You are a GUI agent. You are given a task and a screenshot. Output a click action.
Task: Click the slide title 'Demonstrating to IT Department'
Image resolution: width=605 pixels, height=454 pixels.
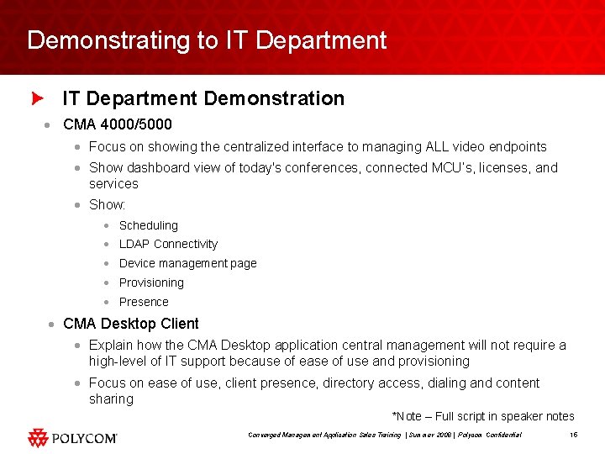[x=207, y=40]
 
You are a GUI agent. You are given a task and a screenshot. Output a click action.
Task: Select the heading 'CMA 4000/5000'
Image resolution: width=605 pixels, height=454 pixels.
[x=117, y=124]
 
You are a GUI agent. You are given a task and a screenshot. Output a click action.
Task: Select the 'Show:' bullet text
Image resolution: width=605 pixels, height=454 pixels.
[x=107, y=205]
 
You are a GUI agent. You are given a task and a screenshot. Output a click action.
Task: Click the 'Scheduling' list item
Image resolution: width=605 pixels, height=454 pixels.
[x=148, y=225]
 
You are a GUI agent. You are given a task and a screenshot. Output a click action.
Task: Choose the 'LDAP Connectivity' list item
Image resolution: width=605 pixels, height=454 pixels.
[x=168, y=244]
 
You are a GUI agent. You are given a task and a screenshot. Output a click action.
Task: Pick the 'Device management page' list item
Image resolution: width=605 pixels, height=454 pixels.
[x=187, y=263]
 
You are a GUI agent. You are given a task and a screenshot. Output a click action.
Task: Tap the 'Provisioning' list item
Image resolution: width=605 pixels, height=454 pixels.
[x=151, y=282]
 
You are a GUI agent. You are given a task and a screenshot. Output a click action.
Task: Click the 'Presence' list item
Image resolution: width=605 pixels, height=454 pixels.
[x=144, y=302]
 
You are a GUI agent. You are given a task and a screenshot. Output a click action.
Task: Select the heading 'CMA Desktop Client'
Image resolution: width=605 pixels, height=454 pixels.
[x=131, y=324]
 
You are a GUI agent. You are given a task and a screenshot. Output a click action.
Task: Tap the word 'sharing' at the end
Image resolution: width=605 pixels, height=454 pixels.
[x=111, y=399]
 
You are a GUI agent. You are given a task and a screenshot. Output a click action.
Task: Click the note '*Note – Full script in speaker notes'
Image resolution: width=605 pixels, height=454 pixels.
[x=483, y=416]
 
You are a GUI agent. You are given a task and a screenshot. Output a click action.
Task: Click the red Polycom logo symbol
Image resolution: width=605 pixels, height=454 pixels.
[x=39, y=437]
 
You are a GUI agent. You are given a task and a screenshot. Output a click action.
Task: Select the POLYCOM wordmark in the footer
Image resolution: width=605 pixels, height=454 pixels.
[x=85, y=438]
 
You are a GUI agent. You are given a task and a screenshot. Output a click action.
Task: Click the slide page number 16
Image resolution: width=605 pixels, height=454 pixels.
[x=573, y=435]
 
